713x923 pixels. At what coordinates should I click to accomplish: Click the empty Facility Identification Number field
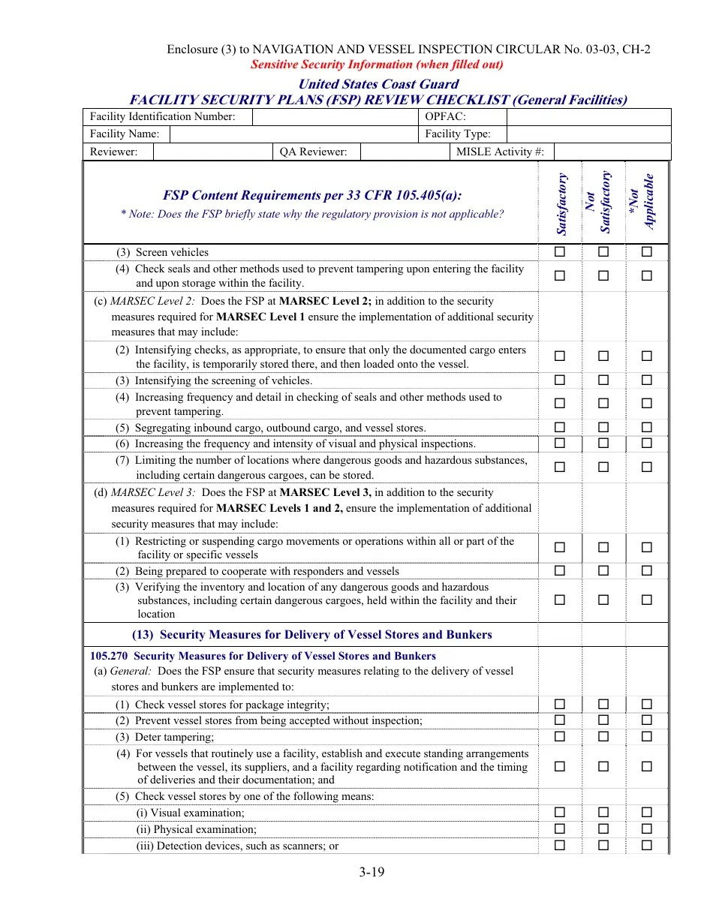coord(335,116)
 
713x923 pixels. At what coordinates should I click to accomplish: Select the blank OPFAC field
coord(588,116)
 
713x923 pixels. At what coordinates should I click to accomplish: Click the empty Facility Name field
coord(293,134)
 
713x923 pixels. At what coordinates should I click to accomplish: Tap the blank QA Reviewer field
coord(404,152)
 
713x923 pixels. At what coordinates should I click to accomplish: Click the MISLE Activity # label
coord(500,152)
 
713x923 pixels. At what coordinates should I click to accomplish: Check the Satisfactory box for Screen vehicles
coord(559,252)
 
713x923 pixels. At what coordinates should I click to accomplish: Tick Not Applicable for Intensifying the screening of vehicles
coord(646,380)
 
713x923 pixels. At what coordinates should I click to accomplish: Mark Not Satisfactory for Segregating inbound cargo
coord(603,428)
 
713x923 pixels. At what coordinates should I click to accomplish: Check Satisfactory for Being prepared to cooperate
coord(559,571)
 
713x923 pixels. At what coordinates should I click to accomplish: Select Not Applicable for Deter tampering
coord(646,737)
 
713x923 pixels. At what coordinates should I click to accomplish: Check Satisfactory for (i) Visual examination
coord(559,813)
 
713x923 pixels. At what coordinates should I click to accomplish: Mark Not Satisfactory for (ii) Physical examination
coord(603,829)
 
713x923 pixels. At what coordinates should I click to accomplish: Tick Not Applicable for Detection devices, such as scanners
coord(646,846)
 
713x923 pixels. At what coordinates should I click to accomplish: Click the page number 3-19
coord(371,872)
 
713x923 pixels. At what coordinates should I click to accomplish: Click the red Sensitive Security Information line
coord(377,65)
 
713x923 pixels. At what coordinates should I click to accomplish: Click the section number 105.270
coord(109,656)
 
